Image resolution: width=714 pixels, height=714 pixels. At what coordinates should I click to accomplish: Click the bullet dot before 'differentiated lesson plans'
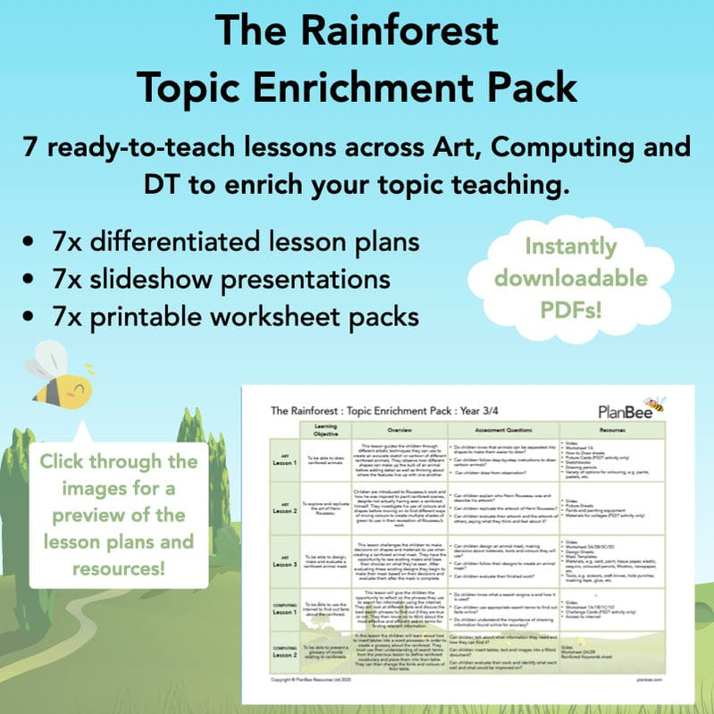click(x=33, y=242)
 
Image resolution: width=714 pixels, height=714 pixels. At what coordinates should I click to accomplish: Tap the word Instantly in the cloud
click(x=571, y=246)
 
